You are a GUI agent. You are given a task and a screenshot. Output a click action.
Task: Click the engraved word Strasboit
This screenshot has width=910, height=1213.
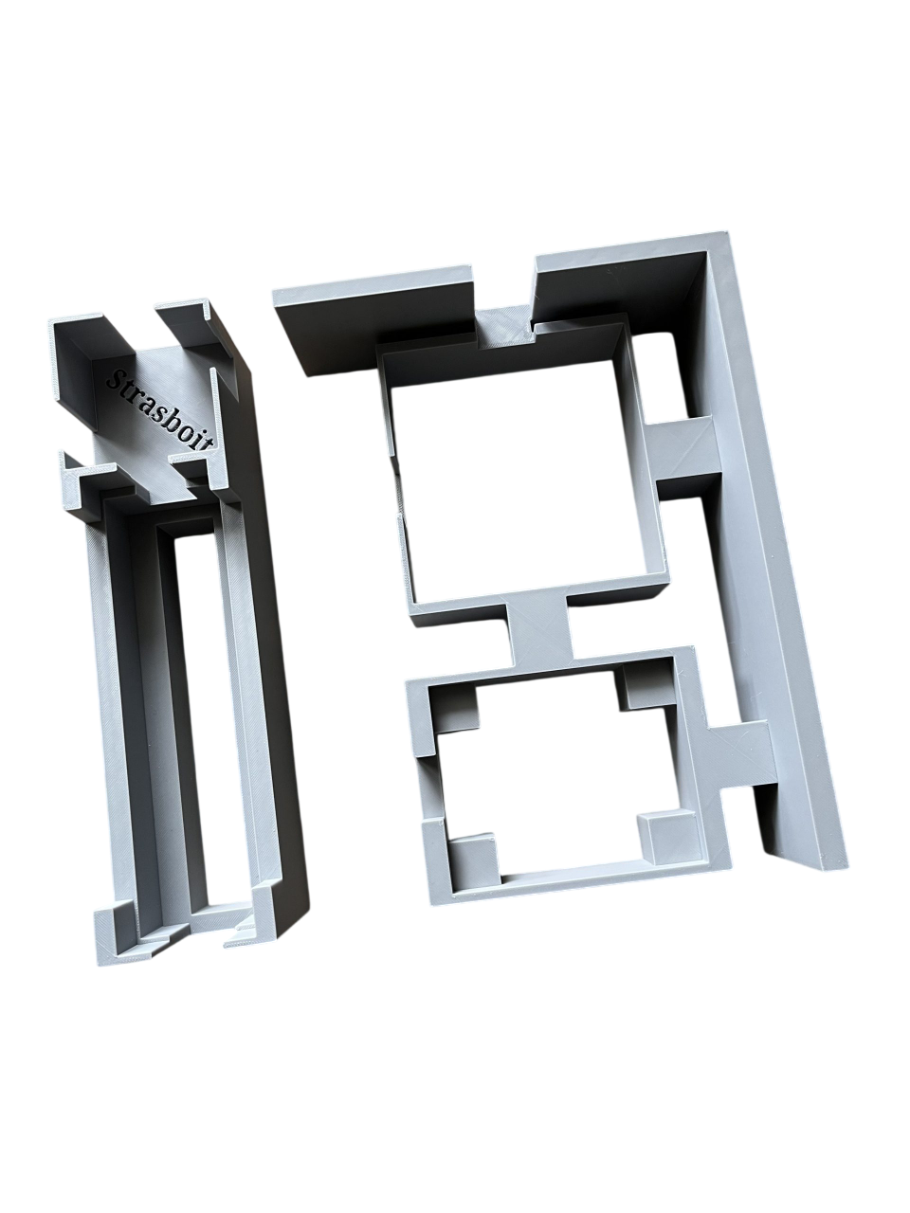(x=162, y=411)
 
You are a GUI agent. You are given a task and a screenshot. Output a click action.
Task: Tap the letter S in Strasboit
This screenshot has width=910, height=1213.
(x=116, y=380)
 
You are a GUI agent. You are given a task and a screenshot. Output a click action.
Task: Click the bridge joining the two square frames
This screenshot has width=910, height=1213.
(x=539, y=630)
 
